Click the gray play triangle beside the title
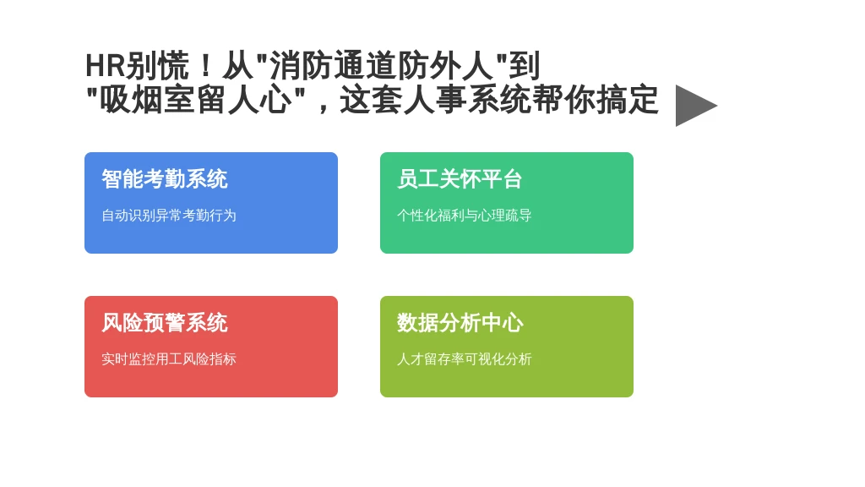pos(693,106)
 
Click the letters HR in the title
pos(106,66)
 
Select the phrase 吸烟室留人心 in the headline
pos(196,100)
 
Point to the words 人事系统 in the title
pos(467,100)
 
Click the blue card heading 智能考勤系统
pos(165,179)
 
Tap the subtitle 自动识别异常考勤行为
pos(169,216)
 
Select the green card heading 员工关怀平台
pos(460,179)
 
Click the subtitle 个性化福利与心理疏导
pos(465,216)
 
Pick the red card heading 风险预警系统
pos(165,323)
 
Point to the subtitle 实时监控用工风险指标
pos(169,358)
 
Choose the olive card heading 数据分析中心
pos(460,323)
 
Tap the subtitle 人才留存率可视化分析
pos(465,358)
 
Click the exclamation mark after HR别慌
pos(206,66)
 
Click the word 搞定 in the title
pos(628,100)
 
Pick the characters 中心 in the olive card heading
pos(502,323)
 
